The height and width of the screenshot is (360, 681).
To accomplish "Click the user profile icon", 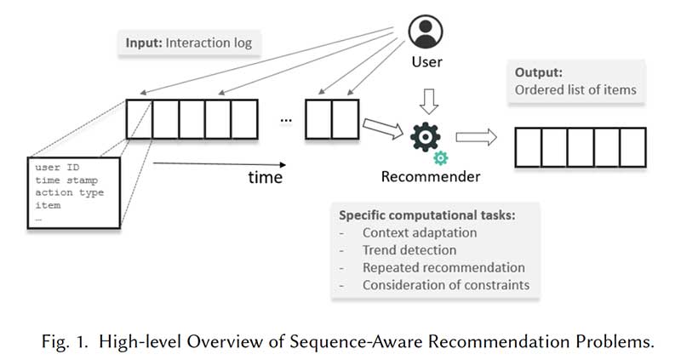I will tap(426, 33).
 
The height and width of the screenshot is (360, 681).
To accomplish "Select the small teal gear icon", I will tap(441, 157).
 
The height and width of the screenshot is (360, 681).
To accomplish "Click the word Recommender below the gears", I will tap(430, 177).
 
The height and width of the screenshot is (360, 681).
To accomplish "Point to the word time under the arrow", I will tap(265, 177).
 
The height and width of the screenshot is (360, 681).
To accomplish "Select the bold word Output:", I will tap(536, 74).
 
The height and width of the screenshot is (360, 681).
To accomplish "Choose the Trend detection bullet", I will tap(409, 250).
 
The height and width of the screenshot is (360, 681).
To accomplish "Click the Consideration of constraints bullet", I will tap(445, 284).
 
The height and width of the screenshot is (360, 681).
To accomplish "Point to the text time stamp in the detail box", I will tap(66, 180).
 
